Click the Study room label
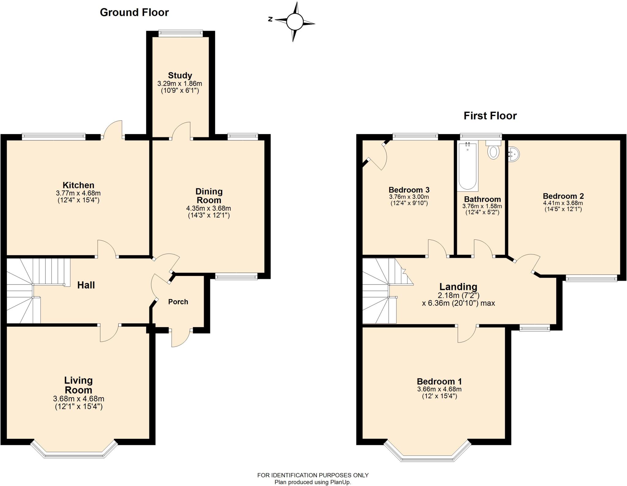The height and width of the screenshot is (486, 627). coord(180,75)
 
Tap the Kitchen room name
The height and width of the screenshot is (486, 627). coord(78,185)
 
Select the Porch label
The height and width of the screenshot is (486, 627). coord(178,302)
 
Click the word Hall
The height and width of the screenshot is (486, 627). coord(86,285)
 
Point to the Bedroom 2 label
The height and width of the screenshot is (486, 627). coord(563,196)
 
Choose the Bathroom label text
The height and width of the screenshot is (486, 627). coord(482,199)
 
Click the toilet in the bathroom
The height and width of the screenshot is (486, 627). coord(493,150)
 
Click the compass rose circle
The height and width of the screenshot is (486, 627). coord(295,21)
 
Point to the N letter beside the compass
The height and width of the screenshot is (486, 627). coord(270,19)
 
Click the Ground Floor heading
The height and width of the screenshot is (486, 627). coord(134,12)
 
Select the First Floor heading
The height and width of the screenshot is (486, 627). coord(490,116)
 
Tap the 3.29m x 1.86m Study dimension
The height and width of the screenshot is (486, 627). coord(180,84)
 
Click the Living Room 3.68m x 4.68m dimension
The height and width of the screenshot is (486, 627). coord(79,399)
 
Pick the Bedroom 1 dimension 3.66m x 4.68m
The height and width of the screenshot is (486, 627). coord(439,389)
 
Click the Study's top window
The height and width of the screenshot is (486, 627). coord(181,33)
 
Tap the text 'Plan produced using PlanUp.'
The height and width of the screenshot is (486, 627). coord(313,482)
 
